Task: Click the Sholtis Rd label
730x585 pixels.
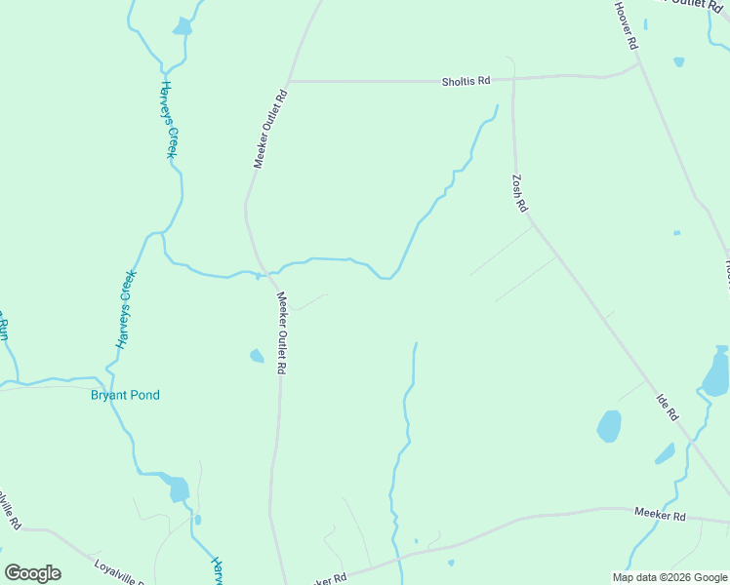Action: click(465, 81)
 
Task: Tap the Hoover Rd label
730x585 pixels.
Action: click(626, 25)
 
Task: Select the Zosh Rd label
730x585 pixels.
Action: click(519, 193)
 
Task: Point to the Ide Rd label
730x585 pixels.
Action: click(668, 407)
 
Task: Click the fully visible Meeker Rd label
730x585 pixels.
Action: click(660, 514)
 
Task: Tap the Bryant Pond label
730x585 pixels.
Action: click(125, 395)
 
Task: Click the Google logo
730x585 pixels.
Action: click(33, 573)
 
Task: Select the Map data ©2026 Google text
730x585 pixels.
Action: click(669, 577)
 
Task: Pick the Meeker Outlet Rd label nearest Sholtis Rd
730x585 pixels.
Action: click(272, 129)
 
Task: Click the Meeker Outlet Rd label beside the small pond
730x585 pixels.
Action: click(280, 333)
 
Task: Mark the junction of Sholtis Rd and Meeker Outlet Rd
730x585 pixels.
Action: click(288, 81)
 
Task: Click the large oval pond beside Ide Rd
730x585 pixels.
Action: click(609, 425)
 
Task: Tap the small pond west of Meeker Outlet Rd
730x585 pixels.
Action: click(257, 356)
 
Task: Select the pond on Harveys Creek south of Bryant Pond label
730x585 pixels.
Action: click(178, 488)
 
